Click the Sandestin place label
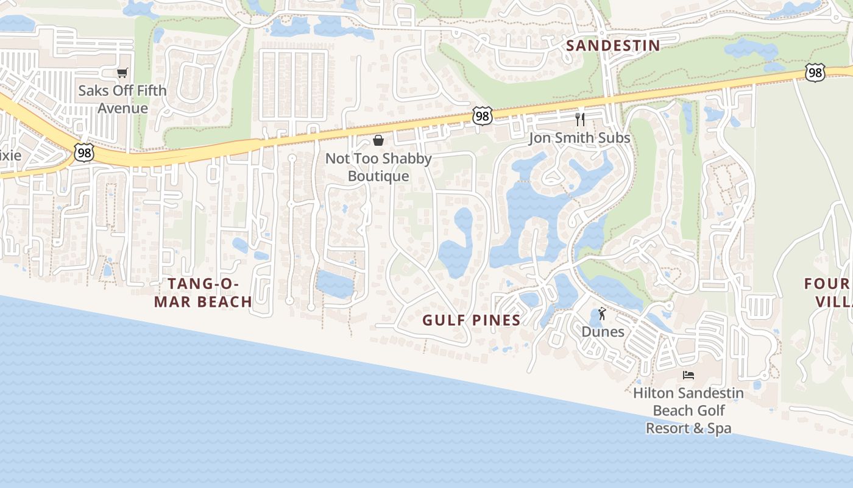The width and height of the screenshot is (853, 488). pyautogui.click(x=613, y=45)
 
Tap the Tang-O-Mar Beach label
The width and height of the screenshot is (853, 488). pyautogui.click(x=202, y=293)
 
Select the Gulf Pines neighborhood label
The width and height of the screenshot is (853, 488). pyautogui.click(x=472, y=320)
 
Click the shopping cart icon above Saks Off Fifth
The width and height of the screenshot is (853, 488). pyautogui.click(x=122, y=73)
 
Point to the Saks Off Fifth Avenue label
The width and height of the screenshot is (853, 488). pyautogui.click(x=122, y=99)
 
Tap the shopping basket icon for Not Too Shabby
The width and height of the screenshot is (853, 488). pyautogui.click(x=378, y=141)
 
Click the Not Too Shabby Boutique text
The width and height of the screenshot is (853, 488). pyautogui.click(x=378, y=168)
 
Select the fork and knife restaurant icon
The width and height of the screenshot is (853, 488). pyautogui.click(x=580, y=120)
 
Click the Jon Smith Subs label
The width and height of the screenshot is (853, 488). pyautogui.click(x=579, y=138)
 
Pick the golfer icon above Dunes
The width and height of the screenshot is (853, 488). pyautogui.click(x=603, y=314)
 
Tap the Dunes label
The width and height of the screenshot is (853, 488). pyautogui.click(x=603, y=332)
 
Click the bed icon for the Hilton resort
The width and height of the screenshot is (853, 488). pyautogui.click(x=688, y=375)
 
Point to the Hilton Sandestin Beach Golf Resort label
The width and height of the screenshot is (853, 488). pyautogui.click(x=688, y=411)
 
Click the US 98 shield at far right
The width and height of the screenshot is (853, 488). pyautogui.click(x=815, y=73)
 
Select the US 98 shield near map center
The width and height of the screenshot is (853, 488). pyautogui.click(x=482, y=116)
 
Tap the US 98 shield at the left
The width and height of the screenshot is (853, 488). pyautogui.click(x=84, y=152)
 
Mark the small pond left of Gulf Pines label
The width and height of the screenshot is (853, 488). pyautogui.click(x=334, y=284)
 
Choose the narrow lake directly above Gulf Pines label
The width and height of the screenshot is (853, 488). pyautogui.click(x=457, y=244)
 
